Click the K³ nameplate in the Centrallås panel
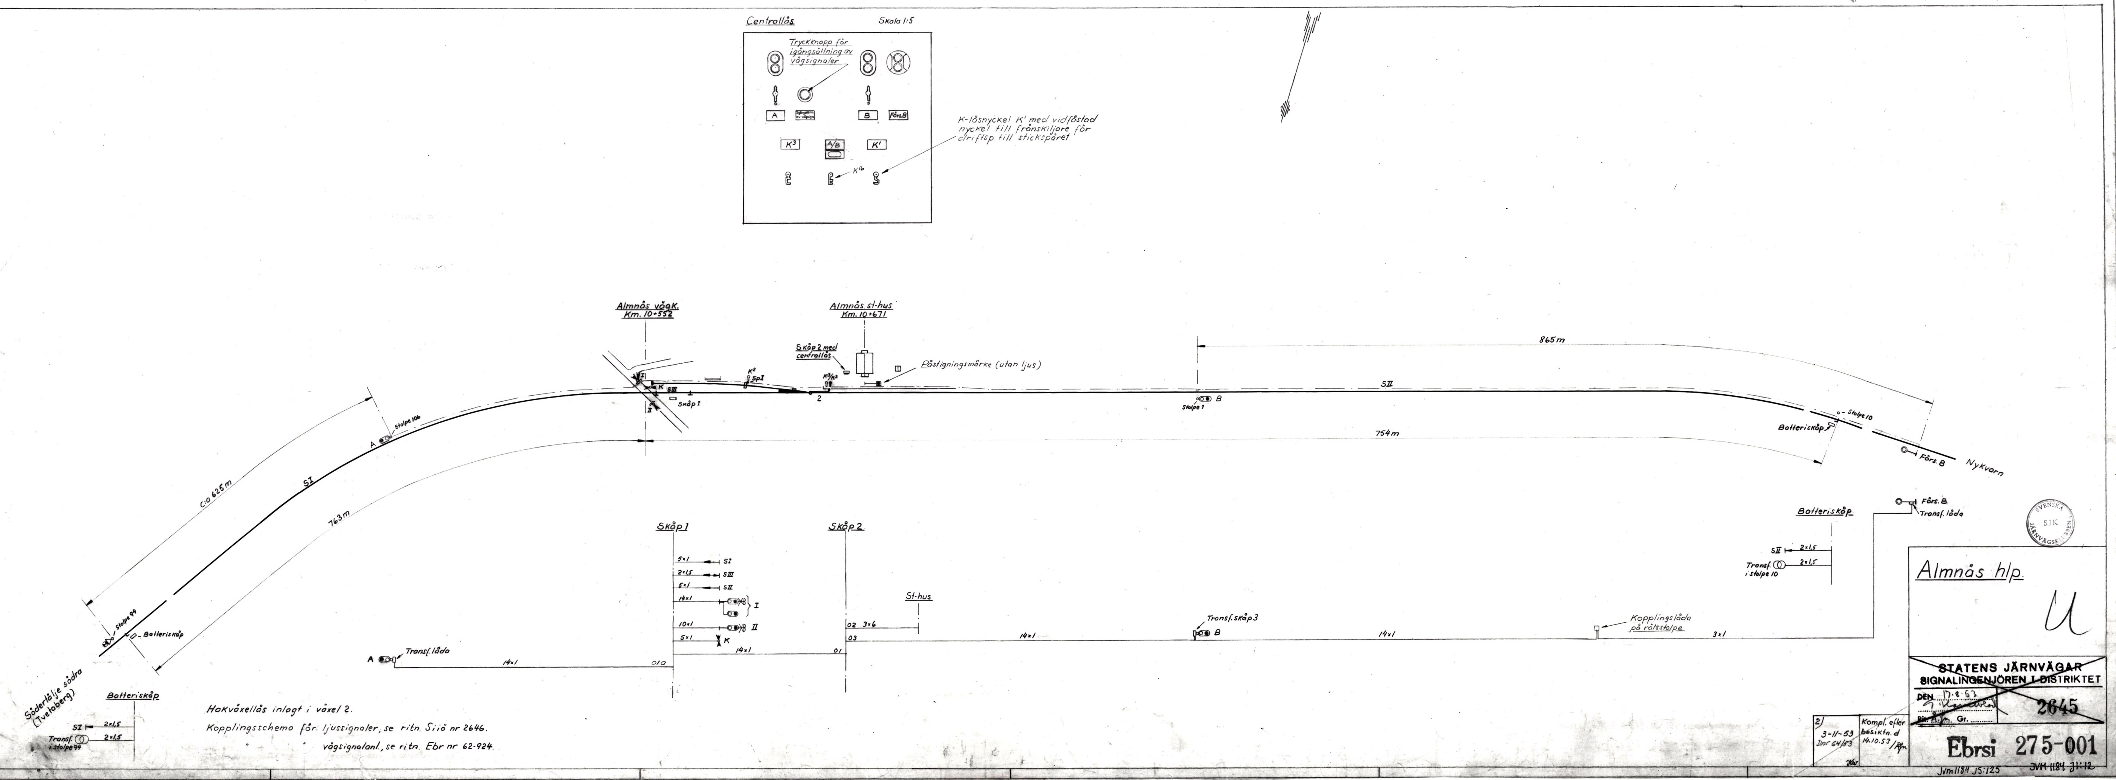tap(790, 145)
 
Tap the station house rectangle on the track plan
tap(865, 363)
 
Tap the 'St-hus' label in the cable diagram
tap(918, 597)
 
